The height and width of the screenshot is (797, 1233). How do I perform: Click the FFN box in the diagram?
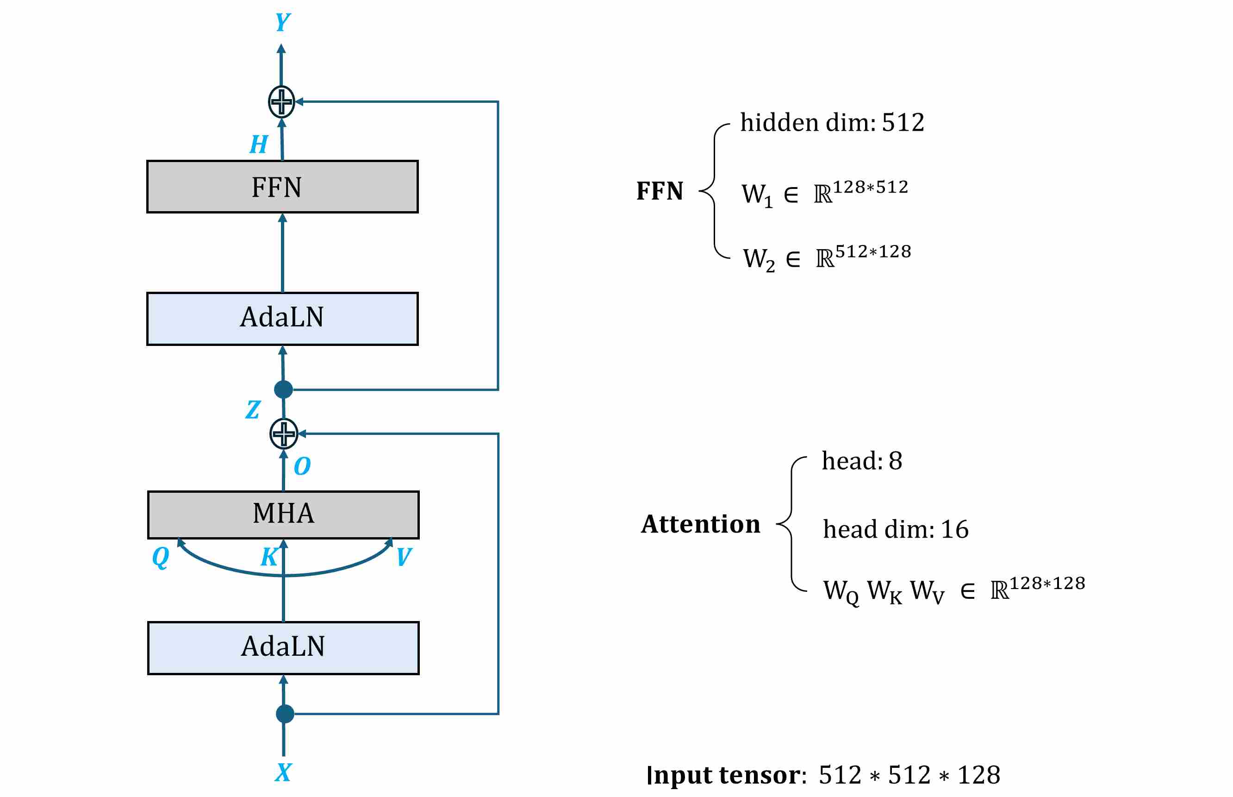click(282, 187)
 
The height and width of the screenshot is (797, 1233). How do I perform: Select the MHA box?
click(283, 515)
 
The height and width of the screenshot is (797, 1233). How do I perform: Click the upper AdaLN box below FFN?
click(282, 318)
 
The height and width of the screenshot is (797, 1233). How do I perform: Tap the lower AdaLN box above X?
click(283, 647)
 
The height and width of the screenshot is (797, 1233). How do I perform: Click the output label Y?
click(282, 22)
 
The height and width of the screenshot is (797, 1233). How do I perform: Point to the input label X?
click(283, 772)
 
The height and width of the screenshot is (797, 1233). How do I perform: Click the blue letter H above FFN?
click(259, 144)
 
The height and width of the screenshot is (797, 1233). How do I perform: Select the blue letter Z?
click(253, 410)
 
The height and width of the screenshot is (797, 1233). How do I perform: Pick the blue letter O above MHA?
click(302, 466)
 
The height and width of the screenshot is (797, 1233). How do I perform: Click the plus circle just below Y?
click(281, 102)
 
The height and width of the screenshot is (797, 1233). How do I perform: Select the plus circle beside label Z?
click(283, 433)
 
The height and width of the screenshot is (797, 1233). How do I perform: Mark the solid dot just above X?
click(285, 714)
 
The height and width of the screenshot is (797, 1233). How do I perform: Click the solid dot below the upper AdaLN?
click(283, 389)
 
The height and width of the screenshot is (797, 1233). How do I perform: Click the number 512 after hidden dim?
click(903, 123)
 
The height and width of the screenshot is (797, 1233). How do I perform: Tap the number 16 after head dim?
click(954, 529)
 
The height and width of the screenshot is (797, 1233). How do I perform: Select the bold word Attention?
click(700, 524)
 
